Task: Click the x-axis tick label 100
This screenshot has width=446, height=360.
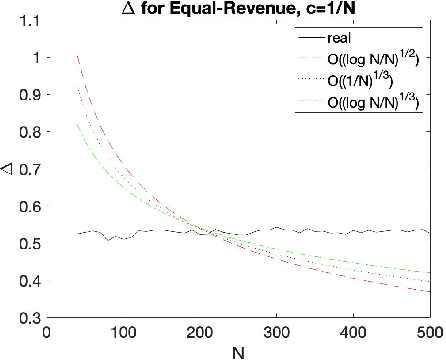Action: click(x=124, y=332)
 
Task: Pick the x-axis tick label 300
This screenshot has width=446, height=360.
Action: click(x=277, y=332)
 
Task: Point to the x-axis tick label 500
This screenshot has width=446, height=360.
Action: click(x=429, y=332)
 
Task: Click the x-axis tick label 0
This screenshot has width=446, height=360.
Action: click(x=48, y=332)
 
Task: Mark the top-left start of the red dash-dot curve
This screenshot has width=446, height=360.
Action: click(x=78, y=58)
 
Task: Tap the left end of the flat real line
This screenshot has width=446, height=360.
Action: click(x=78, y=233)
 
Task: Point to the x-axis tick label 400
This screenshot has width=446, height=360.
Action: click(x=353, y=332)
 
